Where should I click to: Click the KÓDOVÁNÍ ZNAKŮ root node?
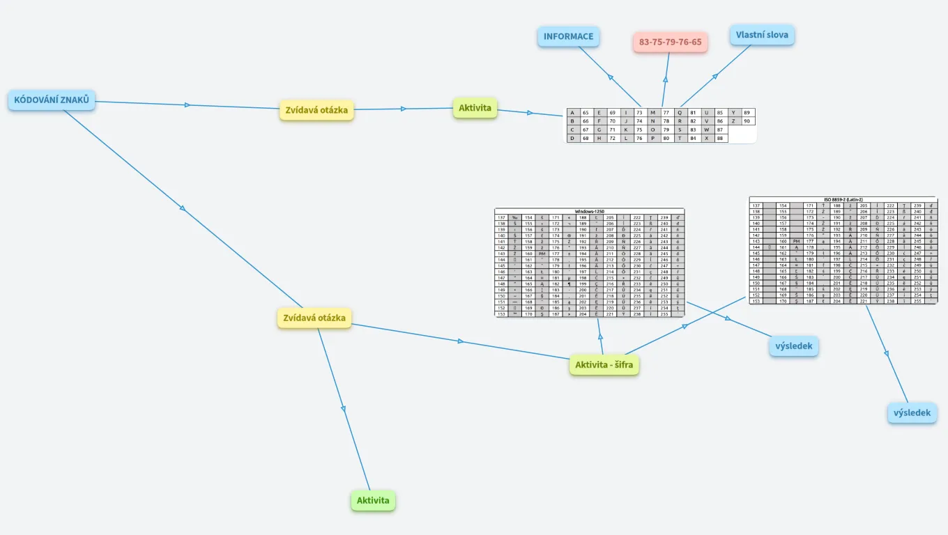[52, 100]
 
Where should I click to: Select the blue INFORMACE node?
[568, 37]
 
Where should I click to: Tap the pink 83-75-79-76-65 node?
[670, 42]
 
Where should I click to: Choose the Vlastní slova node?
[762, 35]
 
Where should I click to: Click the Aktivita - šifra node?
[604, 364]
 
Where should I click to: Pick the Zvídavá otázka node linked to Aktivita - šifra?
[314, 318]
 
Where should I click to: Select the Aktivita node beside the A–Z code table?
[475, 108]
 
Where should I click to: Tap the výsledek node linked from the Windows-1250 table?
[793, 346]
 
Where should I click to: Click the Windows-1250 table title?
[589, 211]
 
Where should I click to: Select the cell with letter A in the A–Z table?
[572, 112]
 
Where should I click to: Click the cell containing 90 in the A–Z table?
[747, 121]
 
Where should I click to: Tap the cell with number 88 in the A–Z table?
[720, 138]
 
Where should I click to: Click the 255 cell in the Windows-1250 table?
[665, 314]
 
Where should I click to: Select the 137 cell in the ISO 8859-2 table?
[756, 206]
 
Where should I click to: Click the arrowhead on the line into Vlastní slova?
[714, 77]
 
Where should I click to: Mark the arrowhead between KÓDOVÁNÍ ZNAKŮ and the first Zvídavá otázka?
[187, 105]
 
